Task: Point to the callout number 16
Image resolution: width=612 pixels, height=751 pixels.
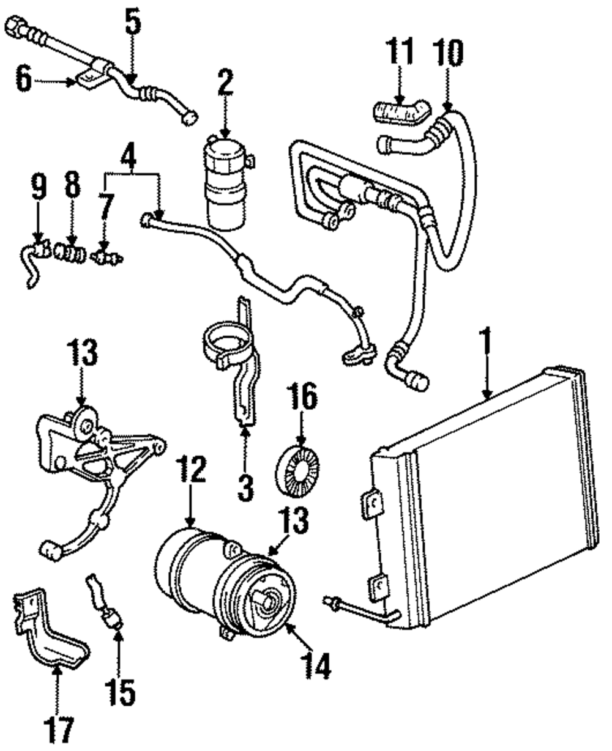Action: (299, 399)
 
